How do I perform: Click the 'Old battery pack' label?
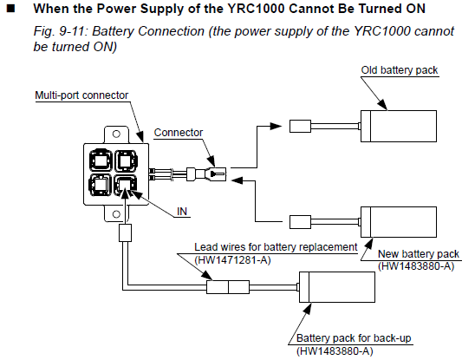pyautogui.click(x=400, y=70)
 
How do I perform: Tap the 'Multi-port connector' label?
pyautogui.click(x=81, y=95)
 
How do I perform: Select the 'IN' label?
pyautogui.click(x=182, y=212)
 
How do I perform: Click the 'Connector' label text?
pyautogui.click(x=179, y=133)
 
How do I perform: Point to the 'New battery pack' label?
pyautogui.click(x=419, y=253)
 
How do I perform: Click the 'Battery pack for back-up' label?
pyautogui.click(x=354, y=337)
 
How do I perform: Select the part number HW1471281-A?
pyautogui.click(x=232, y=260)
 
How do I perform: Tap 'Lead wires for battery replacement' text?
pyautogui.click(x=276, y=247)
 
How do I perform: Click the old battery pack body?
pyautogui.click(x=399, y=126)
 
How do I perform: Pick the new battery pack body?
pyautogui.click(x=399, y=222)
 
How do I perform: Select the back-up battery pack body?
pyautogui.click(x=337, y=287)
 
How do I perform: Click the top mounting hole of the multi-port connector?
pyautogui.click(x=116, y=134)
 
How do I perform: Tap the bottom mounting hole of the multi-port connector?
pyautogui.click(x=116, y=214)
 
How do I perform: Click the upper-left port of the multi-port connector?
pyautogui.click(x=101, y=160)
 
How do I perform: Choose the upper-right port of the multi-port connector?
pyautogui.click(x=126, y=160)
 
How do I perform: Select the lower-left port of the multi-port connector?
pyautogui.click(x=101, y=185)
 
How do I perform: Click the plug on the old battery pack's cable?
pyautogui.click(x=300, y=126)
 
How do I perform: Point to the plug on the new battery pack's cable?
pyautogui.click(x=300, y=222)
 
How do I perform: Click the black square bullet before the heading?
pyautogui.click(x=11, y=9)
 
